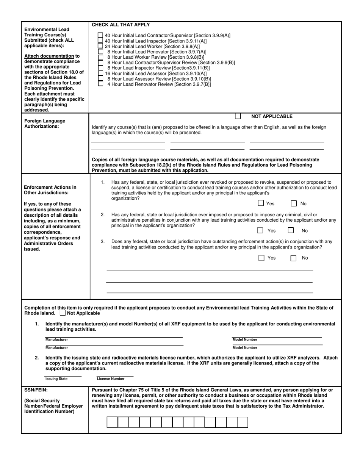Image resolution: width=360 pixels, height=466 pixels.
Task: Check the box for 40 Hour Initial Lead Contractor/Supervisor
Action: (100, 35)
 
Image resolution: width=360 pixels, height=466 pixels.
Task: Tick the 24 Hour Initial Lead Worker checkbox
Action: (100, 46)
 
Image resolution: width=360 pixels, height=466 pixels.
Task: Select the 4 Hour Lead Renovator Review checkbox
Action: (100, 84)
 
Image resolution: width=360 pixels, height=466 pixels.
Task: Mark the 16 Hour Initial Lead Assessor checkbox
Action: (100, 73)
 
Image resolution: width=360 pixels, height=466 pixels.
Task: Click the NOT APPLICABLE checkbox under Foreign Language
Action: (238, 116)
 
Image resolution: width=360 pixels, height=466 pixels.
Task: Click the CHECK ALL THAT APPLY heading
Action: (121, 25)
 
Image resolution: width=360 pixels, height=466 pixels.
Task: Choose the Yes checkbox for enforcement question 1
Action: (261, 203)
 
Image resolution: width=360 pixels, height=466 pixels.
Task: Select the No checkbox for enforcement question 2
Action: (291, 230)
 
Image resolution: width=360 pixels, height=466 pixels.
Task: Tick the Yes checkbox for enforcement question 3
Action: (261, 258)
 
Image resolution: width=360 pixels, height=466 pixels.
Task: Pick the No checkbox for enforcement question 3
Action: (293, 258)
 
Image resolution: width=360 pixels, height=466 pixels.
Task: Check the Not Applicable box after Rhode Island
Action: (63, 313)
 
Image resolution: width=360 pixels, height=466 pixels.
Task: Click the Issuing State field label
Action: (56, 378)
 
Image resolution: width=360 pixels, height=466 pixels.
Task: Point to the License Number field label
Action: (111, 378)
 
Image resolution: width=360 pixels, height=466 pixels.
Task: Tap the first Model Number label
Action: (245, 339)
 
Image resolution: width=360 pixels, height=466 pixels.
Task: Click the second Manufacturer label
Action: (57, 347)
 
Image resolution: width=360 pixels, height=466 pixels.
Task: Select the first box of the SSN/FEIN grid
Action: (112, 422)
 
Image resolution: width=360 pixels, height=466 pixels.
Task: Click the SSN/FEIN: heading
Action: (36, 389)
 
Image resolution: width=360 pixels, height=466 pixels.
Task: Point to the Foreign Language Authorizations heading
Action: (45, 124)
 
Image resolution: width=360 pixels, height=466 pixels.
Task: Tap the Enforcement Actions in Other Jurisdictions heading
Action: (50, 190)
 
